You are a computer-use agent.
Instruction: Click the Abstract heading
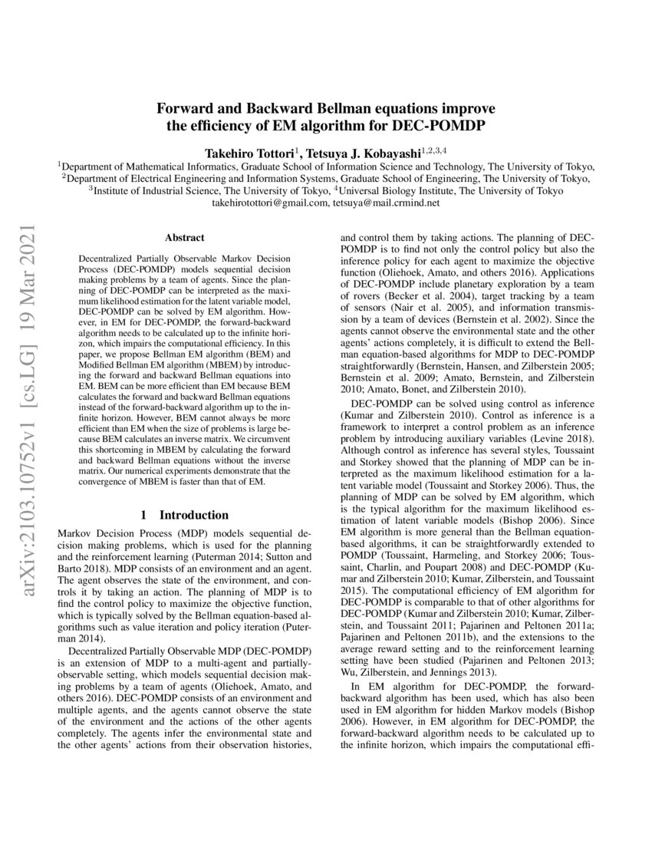[183, 239]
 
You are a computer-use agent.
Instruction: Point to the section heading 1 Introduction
[183, 515]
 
